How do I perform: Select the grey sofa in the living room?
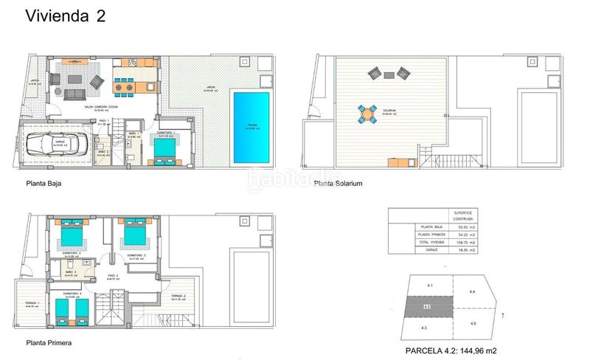click(x=75, y=94)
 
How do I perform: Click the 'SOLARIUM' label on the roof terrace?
click(x=389, y=111)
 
